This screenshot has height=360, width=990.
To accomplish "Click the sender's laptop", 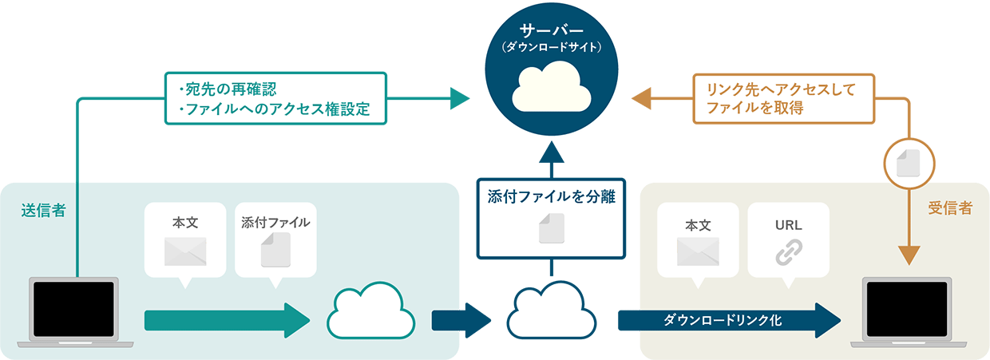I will tap(73, 309).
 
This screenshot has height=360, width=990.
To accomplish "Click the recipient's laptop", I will tap(908, 309).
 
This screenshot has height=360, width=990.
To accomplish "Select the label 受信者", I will tap(950, 208).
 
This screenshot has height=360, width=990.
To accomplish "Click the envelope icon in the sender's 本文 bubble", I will tap(185, 251).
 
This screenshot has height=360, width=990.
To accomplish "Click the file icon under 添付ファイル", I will tap(275, 250).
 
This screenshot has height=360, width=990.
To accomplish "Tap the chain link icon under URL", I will tap(788, 252).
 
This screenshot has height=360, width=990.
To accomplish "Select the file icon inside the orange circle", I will tap(908, 164).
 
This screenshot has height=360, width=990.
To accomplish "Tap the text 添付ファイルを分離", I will tap(551, 196).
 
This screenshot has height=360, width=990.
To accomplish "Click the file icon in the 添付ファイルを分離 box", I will tap(551, 229).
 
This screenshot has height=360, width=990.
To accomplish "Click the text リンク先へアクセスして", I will tap(774, 89).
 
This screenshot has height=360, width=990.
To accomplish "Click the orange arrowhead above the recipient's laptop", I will tap(908, 255).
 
